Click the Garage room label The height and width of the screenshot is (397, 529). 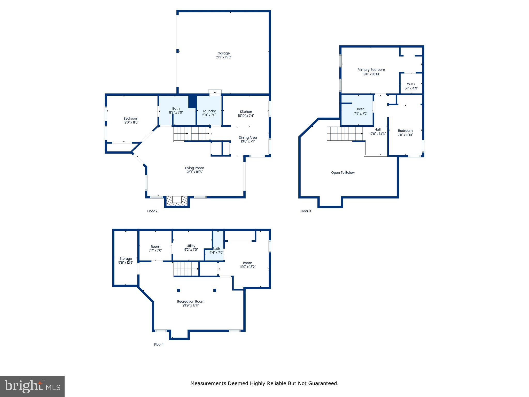(x=223, y=53)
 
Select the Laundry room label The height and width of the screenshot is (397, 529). (x=209, y=111)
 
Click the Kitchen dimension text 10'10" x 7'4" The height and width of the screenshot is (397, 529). (x=246, y=116)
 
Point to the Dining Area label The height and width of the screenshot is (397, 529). (x=248, y=138)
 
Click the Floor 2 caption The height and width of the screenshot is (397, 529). (x=152, y=211)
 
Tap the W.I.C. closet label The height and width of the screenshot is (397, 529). (x=411, y=84)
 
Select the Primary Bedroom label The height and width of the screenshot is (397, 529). (x=371, y=70)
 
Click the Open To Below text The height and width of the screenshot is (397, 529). (x=343, y=173)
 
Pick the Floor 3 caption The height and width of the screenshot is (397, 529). (x=306, y=211)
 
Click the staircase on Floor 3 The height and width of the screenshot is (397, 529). (x=345, y=134)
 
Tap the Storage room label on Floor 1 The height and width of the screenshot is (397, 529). (x=126, y=259)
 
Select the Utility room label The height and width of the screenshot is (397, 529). (x=191, y=246)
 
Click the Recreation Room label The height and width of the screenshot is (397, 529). (x=191, y=301)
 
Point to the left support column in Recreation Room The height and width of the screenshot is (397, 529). (x=178, y=290)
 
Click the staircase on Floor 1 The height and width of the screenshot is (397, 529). (x=186, y=269)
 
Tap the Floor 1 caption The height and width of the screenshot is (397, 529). (x=159, y=345)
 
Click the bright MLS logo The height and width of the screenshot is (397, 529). (x=32, y=386)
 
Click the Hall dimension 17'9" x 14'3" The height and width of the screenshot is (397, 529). (x=377, y=134)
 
